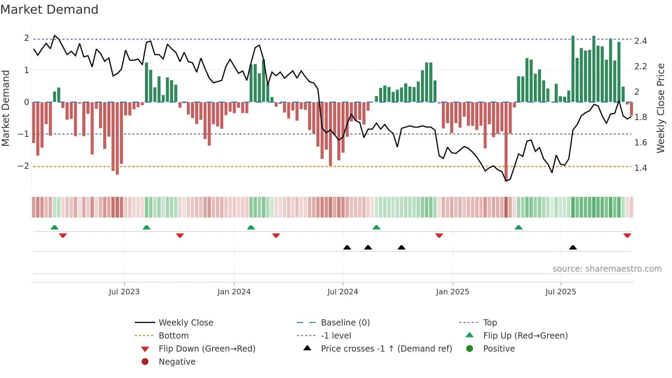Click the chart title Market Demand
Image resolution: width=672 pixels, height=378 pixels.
(x=49, y=10)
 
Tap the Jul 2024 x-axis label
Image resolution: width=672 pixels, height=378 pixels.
(x=343, y=292)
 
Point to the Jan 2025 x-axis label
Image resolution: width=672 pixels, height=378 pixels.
(x=452, y=292)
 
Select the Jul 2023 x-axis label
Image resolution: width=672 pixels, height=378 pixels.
(x=124, y=292)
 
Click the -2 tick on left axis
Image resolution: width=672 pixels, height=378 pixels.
(x=24, y=166)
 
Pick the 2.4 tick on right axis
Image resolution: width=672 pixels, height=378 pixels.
(x=640, y=41)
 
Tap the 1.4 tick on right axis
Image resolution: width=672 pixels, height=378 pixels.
(x=640, y=168)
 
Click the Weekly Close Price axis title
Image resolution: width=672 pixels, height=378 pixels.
(x=660, y=108)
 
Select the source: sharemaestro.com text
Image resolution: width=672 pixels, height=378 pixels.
(x=607, y=269)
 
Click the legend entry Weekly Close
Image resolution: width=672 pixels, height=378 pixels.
(x=185, y=323)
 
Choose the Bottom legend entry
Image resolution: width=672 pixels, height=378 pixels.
(x=173, y=336)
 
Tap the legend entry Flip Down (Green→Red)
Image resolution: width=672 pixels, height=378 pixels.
(x=207, y=349)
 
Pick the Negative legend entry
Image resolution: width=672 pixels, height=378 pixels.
(x=177, y=362)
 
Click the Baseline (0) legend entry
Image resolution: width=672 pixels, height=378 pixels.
(x=345, y=323)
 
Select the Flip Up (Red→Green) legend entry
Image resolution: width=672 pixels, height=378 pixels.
(x=525, y=336)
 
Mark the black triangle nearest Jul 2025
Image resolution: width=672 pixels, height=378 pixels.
(x=573, y=247)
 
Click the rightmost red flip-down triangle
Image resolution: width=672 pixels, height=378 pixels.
(x=627, y=235)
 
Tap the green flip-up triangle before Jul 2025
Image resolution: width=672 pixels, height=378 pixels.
(x=518, y=227)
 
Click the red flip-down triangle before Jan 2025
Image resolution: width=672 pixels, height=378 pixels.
(x=439, y=235)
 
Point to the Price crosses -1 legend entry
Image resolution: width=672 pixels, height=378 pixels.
(x=386, y=349)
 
